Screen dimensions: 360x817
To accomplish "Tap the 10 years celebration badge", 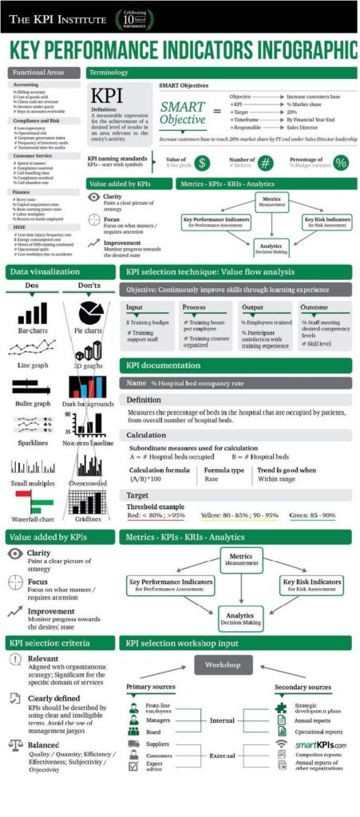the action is [x=135, y=18].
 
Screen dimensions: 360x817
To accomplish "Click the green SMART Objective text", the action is [x=183, y=112].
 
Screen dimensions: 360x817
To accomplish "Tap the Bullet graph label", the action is [x=33, y=404].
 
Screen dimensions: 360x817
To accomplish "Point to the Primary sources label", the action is [x=151, y=686].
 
